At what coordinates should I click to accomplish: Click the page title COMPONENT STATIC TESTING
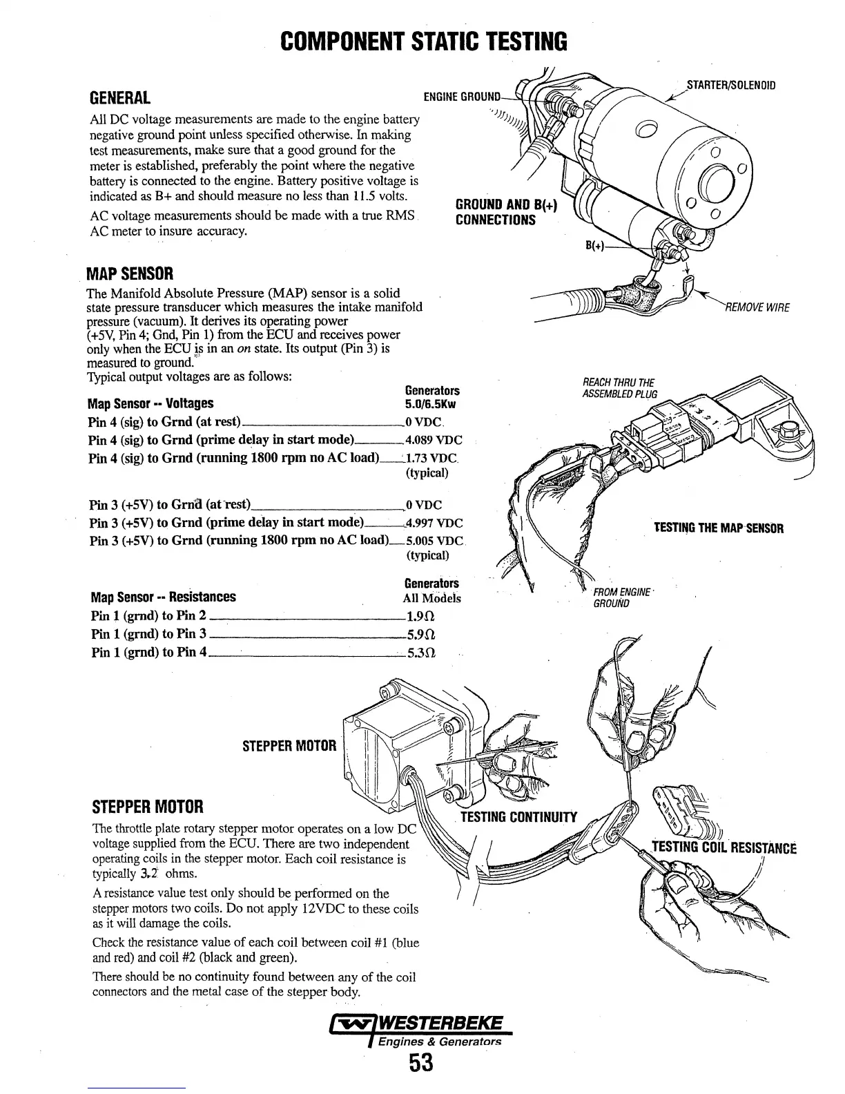click(x=424, y=42)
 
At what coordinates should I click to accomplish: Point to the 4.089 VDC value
click(x=434, y=440)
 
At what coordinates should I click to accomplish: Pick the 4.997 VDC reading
click(x=434, y=523)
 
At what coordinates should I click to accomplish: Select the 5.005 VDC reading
click(x=435, y=541)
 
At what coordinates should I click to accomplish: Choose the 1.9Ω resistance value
click(x=421, y=616)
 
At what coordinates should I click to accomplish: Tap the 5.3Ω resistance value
click(x=421, y=652)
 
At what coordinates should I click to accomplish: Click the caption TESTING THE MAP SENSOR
click(x=719, y=529)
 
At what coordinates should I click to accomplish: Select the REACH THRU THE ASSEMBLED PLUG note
click(x=620, y=388)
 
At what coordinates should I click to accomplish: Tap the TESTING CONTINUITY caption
click(x=518, y=818)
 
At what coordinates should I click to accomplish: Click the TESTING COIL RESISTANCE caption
click(x=723, y=847)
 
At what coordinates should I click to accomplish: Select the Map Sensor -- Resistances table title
click(x=163, y=597)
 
